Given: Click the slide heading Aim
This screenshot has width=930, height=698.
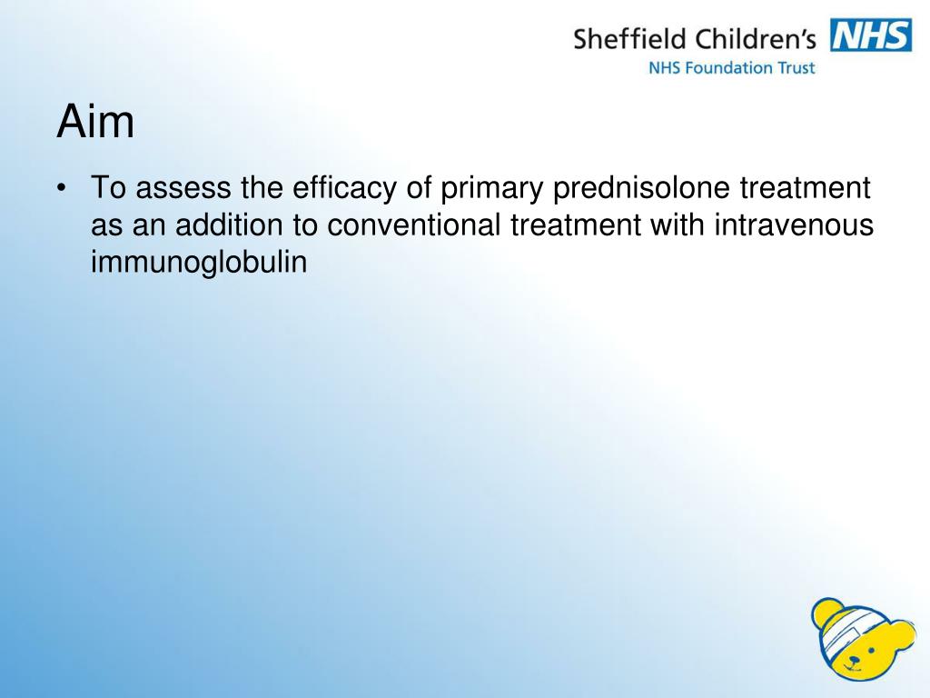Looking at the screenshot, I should (95, 122).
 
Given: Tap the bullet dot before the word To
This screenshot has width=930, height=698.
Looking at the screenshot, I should (61, 189).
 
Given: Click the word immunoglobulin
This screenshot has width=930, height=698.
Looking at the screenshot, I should (200, 262).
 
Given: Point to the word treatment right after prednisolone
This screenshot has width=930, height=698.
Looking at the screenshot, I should (806, 189).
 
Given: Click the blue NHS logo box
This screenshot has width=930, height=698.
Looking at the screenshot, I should (871, 36).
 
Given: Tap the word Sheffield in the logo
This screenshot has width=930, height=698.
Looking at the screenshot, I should (629, 39).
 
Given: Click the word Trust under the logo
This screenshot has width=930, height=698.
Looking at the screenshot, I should (795, 67).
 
